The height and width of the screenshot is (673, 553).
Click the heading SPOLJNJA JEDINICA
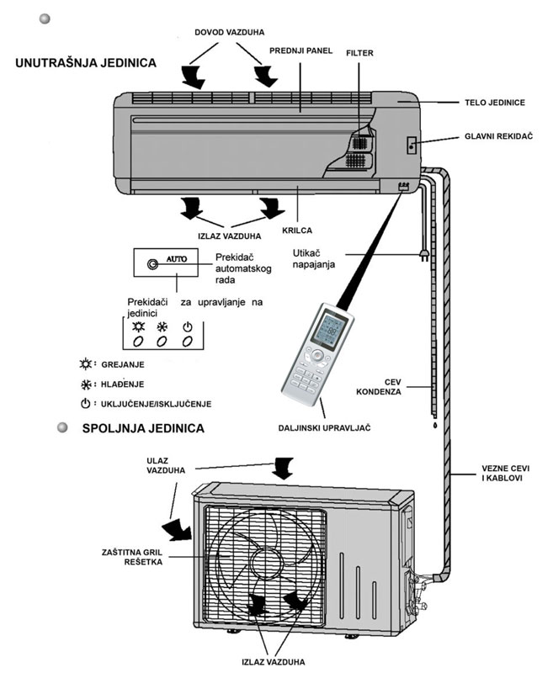[x=143, y=428]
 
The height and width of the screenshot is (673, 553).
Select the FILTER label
[x=359, y=53]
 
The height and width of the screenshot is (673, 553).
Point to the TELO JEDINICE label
[x=495, y=103]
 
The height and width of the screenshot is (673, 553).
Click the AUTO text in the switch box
[x=178, y=259]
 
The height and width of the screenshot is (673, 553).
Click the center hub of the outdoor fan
[x=266, y=560]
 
